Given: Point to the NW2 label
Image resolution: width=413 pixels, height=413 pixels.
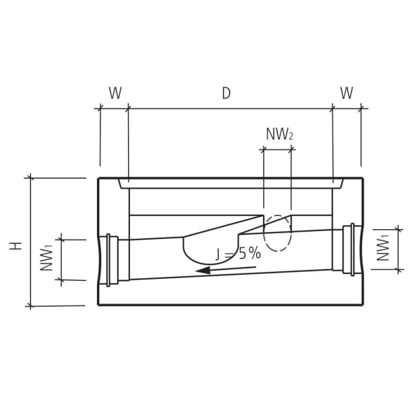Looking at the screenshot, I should click(x=279, y=134).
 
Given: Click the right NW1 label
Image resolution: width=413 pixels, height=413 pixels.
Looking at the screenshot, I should click(x=384, y=248).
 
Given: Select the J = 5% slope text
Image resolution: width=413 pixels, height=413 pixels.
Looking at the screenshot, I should click(x=238, y=253).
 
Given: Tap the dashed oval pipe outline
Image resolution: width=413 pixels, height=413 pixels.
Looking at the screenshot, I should click(x=278, y=234).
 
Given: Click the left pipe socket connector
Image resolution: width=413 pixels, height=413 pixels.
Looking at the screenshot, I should click(x=112, y=260).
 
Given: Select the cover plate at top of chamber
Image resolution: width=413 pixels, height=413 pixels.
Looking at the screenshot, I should click(x=231, y=184).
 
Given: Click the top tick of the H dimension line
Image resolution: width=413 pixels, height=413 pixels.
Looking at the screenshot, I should click(x=30, y=178).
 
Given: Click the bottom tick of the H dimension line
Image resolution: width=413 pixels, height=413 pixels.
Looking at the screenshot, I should click(x=30, y=305).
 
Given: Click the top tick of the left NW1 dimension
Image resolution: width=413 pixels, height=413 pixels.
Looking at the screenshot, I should click(x=61, y=239).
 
